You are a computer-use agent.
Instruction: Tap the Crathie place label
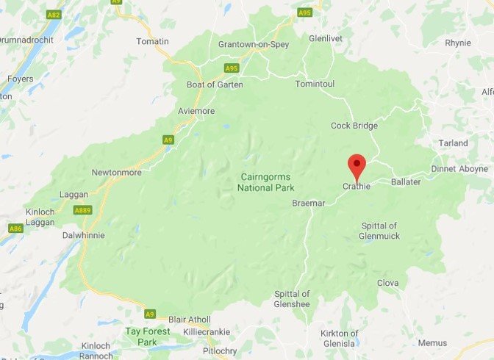point(357,187)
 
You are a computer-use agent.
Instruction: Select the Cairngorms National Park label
point(266,182)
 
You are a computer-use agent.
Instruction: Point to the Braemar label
point(308,202)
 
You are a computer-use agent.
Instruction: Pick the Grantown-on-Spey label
point(254,45)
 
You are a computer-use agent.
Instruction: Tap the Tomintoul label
point(315,84)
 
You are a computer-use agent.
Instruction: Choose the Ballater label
point(406,181)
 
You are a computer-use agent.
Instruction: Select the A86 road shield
point(15,228)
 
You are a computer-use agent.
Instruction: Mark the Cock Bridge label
point(354,126)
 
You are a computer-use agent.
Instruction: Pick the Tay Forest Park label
point(148,336)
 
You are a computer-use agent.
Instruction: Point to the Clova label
point(387,283)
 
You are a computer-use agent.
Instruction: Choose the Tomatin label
point(153,41)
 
